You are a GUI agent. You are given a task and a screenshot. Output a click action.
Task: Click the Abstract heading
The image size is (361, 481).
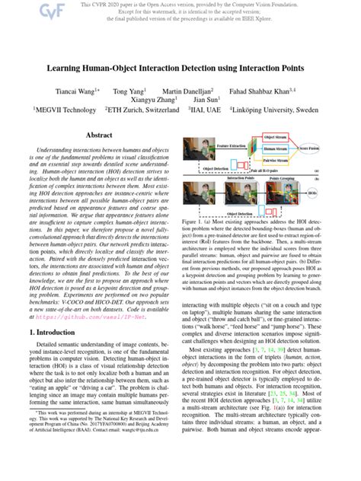pyautogui.click(x=99, y=134)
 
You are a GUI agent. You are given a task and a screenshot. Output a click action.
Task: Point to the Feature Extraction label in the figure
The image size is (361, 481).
pyautogui.click(x=232, y=142)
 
